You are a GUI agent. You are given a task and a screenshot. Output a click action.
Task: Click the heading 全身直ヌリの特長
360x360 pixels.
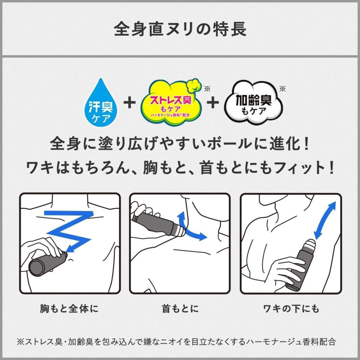point(180,29)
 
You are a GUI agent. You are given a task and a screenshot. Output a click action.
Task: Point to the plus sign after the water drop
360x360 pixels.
point(130,103)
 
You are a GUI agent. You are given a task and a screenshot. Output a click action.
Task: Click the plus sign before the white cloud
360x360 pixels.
point(212,103)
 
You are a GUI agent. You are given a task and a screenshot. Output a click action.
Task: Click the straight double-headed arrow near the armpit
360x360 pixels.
point(324,220)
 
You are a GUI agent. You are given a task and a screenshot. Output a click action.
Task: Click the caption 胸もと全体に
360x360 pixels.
point(69,308)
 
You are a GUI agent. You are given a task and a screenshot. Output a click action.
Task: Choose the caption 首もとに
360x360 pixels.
point(180,308)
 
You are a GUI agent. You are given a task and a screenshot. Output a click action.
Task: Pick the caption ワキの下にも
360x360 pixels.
point(291,308)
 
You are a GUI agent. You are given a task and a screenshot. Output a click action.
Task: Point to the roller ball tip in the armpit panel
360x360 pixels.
point(310,244)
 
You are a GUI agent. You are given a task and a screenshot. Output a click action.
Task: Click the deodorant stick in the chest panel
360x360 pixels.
point(48,264)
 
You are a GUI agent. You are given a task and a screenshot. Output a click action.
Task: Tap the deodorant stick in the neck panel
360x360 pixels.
point(158,224)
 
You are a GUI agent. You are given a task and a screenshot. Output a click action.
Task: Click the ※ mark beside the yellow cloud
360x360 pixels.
point(207,89)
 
